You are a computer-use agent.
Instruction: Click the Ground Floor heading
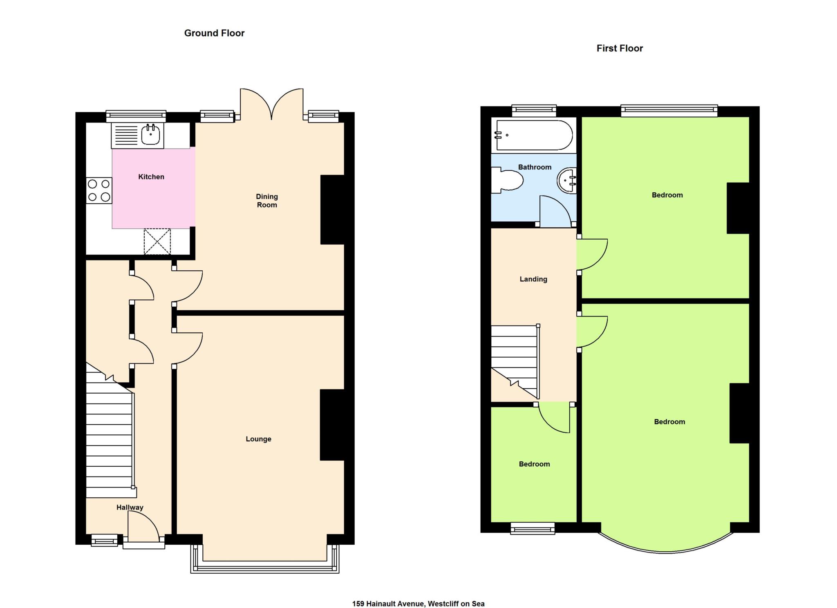pos(214,33)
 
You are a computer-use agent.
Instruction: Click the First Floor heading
pos(620,48)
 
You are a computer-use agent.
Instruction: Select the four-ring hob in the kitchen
pos(99,190)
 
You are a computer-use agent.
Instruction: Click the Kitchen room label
pos(151,177)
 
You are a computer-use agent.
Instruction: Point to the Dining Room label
pos(267,200)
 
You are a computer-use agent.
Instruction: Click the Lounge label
pos(258,439)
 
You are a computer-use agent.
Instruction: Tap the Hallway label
pos(130,508)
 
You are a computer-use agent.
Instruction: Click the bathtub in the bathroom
pos(534,135)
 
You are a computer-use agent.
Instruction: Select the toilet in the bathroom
pos(507,181)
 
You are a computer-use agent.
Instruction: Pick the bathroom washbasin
pos(566,180)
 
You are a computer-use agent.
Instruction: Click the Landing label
pos(533,279)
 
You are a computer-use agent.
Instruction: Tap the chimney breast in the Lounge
pos(332,425)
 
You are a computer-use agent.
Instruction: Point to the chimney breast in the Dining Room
pos(332,209)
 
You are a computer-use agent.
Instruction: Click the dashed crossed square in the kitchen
pos(157,241)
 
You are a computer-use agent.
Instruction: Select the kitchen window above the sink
pos(136,116)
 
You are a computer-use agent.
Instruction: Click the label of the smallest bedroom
pos(534,464)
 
